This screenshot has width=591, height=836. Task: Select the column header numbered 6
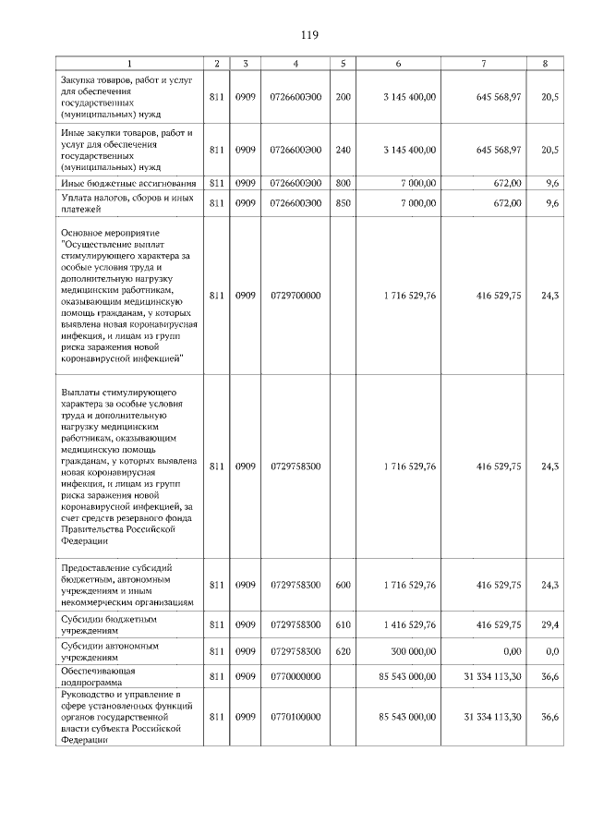398,64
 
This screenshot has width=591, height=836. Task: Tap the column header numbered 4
295,64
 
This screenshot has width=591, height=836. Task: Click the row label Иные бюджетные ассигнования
127,184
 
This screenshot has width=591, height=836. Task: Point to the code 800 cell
343,184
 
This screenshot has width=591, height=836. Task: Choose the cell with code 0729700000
295,296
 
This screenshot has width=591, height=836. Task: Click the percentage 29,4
550,624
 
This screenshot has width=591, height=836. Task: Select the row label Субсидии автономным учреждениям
127,650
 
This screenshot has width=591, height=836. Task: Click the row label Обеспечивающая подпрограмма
127,676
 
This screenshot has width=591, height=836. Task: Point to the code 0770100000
295,716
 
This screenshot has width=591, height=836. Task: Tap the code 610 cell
343,624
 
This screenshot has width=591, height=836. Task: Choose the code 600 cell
343,585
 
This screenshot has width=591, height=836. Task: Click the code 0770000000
295,676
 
